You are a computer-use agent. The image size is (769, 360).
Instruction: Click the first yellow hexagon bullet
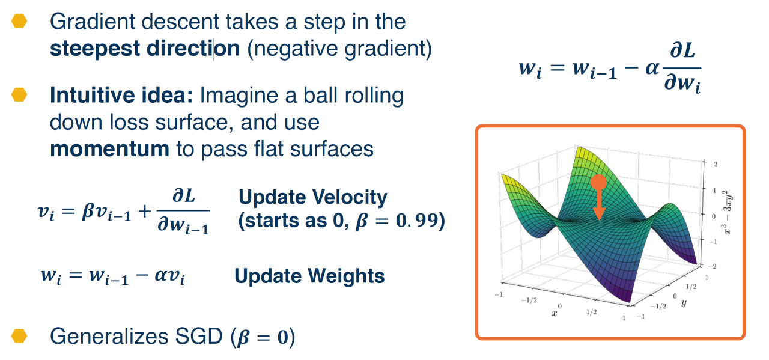19,21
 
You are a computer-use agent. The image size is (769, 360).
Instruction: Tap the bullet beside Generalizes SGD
19,335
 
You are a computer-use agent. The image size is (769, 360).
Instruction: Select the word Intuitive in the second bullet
90,95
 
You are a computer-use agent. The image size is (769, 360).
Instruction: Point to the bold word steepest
95,49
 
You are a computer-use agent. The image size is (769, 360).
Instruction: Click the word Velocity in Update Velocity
350,198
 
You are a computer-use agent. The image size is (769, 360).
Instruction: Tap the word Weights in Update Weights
346,276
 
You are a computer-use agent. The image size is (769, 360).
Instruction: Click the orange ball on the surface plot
599,182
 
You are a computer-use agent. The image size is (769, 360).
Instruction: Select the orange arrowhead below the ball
599,213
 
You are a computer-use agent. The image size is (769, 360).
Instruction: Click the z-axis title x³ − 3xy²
726,212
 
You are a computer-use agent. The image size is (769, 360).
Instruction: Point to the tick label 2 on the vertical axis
716,164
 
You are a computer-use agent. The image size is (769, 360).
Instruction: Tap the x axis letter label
554,313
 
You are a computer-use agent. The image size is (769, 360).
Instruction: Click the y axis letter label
684,302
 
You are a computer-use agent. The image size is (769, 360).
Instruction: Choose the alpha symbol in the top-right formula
652,68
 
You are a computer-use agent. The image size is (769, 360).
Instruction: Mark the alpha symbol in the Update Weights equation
160,275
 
